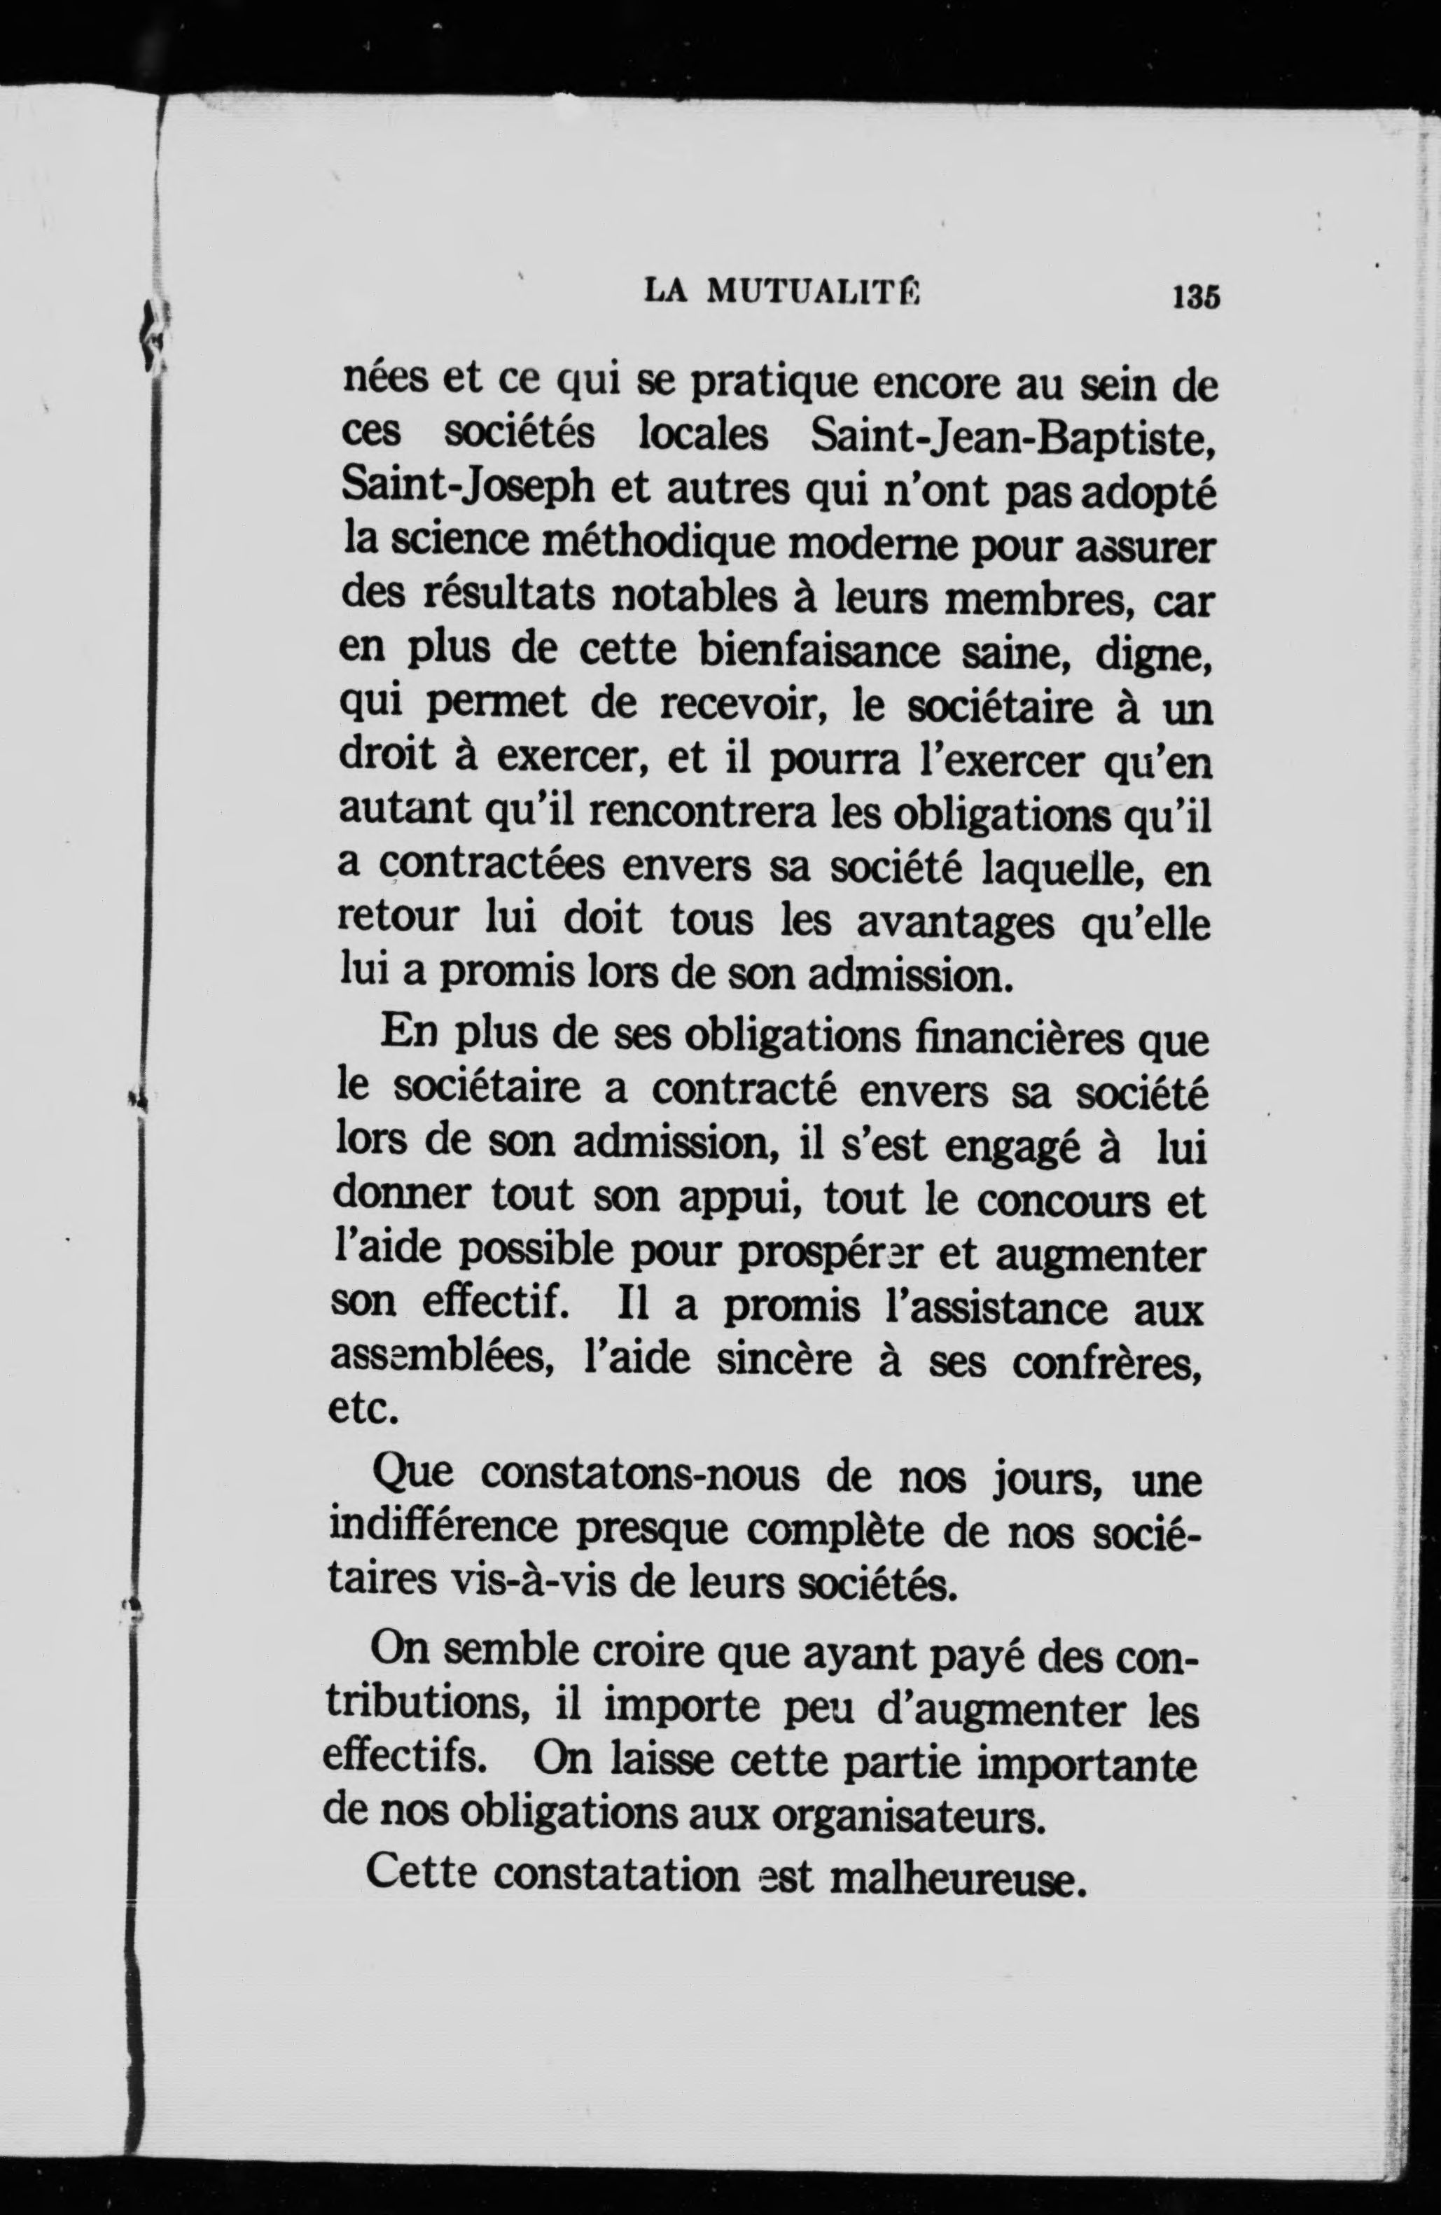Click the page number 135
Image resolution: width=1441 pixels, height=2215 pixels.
(1197, 296)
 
